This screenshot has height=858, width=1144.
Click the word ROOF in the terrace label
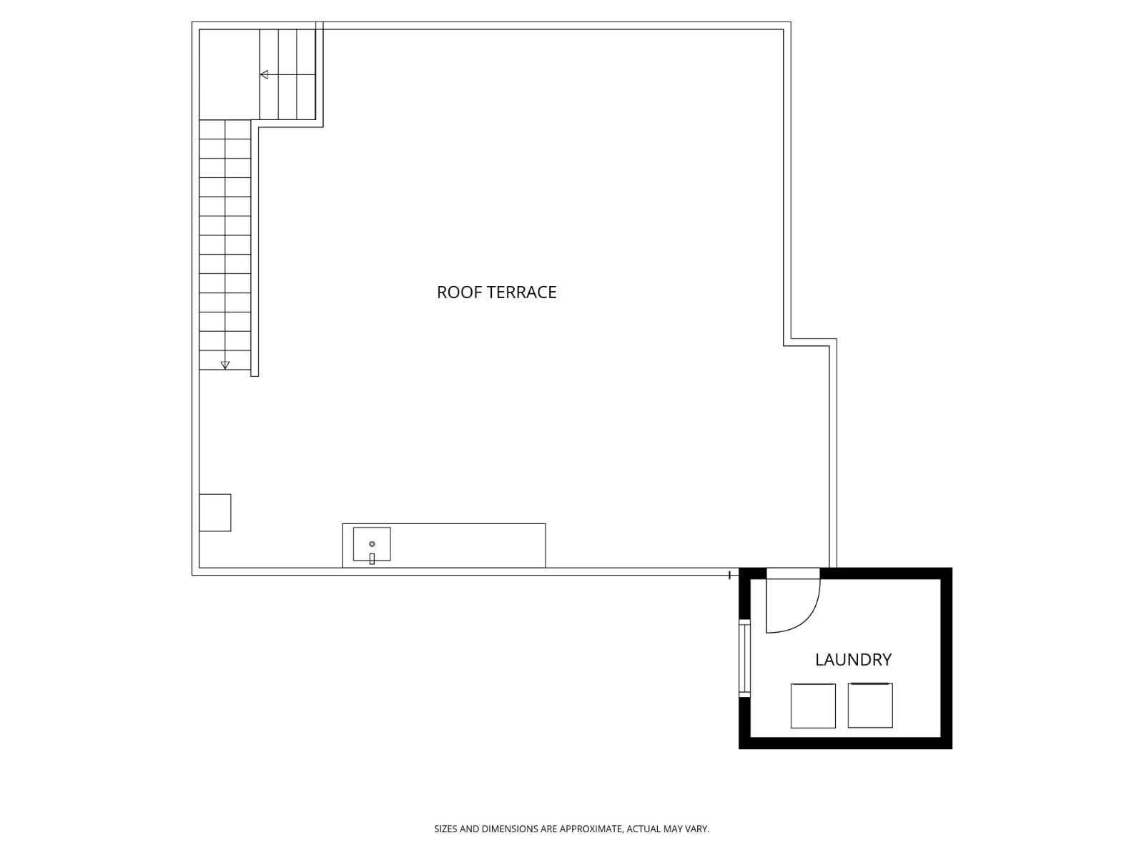455,292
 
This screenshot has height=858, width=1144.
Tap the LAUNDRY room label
853,659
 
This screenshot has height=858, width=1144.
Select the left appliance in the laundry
813,706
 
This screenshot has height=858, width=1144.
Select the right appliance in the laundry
870,705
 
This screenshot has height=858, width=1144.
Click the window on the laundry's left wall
744,659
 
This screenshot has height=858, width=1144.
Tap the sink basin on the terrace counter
372,543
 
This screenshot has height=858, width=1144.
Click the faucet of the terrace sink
372,559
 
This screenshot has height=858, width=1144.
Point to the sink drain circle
372,544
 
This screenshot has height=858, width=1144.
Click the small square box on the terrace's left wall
214,513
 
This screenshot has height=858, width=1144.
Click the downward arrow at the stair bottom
225,365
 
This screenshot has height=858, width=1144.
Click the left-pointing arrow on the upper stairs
265,74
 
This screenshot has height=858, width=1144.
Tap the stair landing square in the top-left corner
229,74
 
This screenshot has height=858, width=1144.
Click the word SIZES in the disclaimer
445,829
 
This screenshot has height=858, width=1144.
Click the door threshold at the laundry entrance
793,573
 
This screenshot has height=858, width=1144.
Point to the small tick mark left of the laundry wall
729,575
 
